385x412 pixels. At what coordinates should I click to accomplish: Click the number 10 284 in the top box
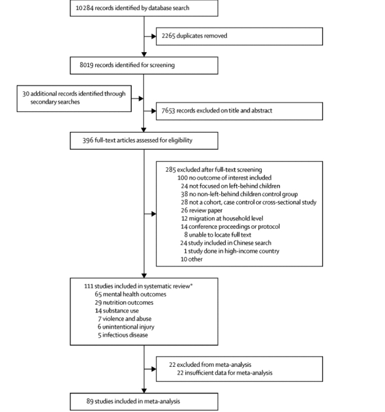click(85, 8)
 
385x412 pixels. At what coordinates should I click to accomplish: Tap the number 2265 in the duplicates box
click(168, 36)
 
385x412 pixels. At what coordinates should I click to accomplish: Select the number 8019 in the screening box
click(87, 65)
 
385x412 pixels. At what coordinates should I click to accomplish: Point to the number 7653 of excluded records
click(168, 111)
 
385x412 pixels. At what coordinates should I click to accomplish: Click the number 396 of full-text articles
click(88, 140)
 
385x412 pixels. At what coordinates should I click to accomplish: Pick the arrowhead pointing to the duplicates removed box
click(154, 36)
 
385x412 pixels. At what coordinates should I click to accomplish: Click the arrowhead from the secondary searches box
click(141, 98)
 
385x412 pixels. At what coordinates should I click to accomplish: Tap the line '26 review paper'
click(202, 211)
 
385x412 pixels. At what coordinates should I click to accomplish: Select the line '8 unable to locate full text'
click(217, 235)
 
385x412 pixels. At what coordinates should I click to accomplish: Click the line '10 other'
click(192, 259)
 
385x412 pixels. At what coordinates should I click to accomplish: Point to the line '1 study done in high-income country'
click(232, 251)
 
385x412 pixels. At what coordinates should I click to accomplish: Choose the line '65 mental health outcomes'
click(130, 294)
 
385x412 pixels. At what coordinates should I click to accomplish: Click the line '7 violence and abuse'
click(125, 319)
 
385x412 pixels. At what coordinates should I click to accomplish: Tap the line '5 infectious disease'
click(123, 335)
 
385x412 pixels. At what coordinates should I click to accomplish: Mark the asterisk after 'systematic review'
click(191, 285)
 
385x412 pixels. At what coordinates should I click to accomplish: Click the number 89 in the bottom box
click(90, 401)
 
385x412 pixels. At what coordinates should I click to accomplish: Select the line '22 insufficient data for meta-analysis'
click(225, 373)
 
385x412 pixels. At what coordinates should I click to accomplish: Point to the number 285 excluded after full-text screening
click(171, 170)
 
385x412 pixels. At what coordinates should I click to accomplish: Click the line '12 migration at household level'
click(222, 219)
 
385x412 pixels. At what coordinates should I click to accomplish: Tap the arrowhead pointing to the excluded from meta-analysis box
click(154, 369)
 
